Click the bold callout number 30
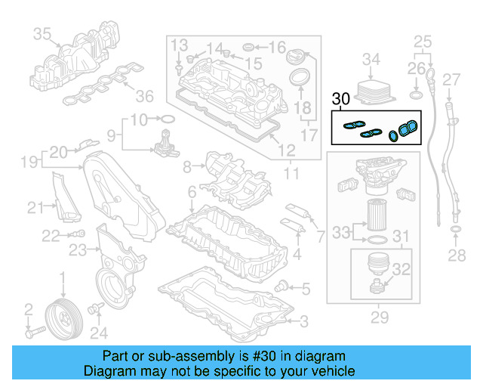(x=340, y=98)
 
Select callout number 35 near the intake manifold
(x=42, y=33)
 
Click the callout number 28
(x=456, y=256)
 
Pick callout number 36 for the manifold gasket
(x=143, y=96)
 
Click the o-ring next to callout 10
(x=168, y=119)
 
